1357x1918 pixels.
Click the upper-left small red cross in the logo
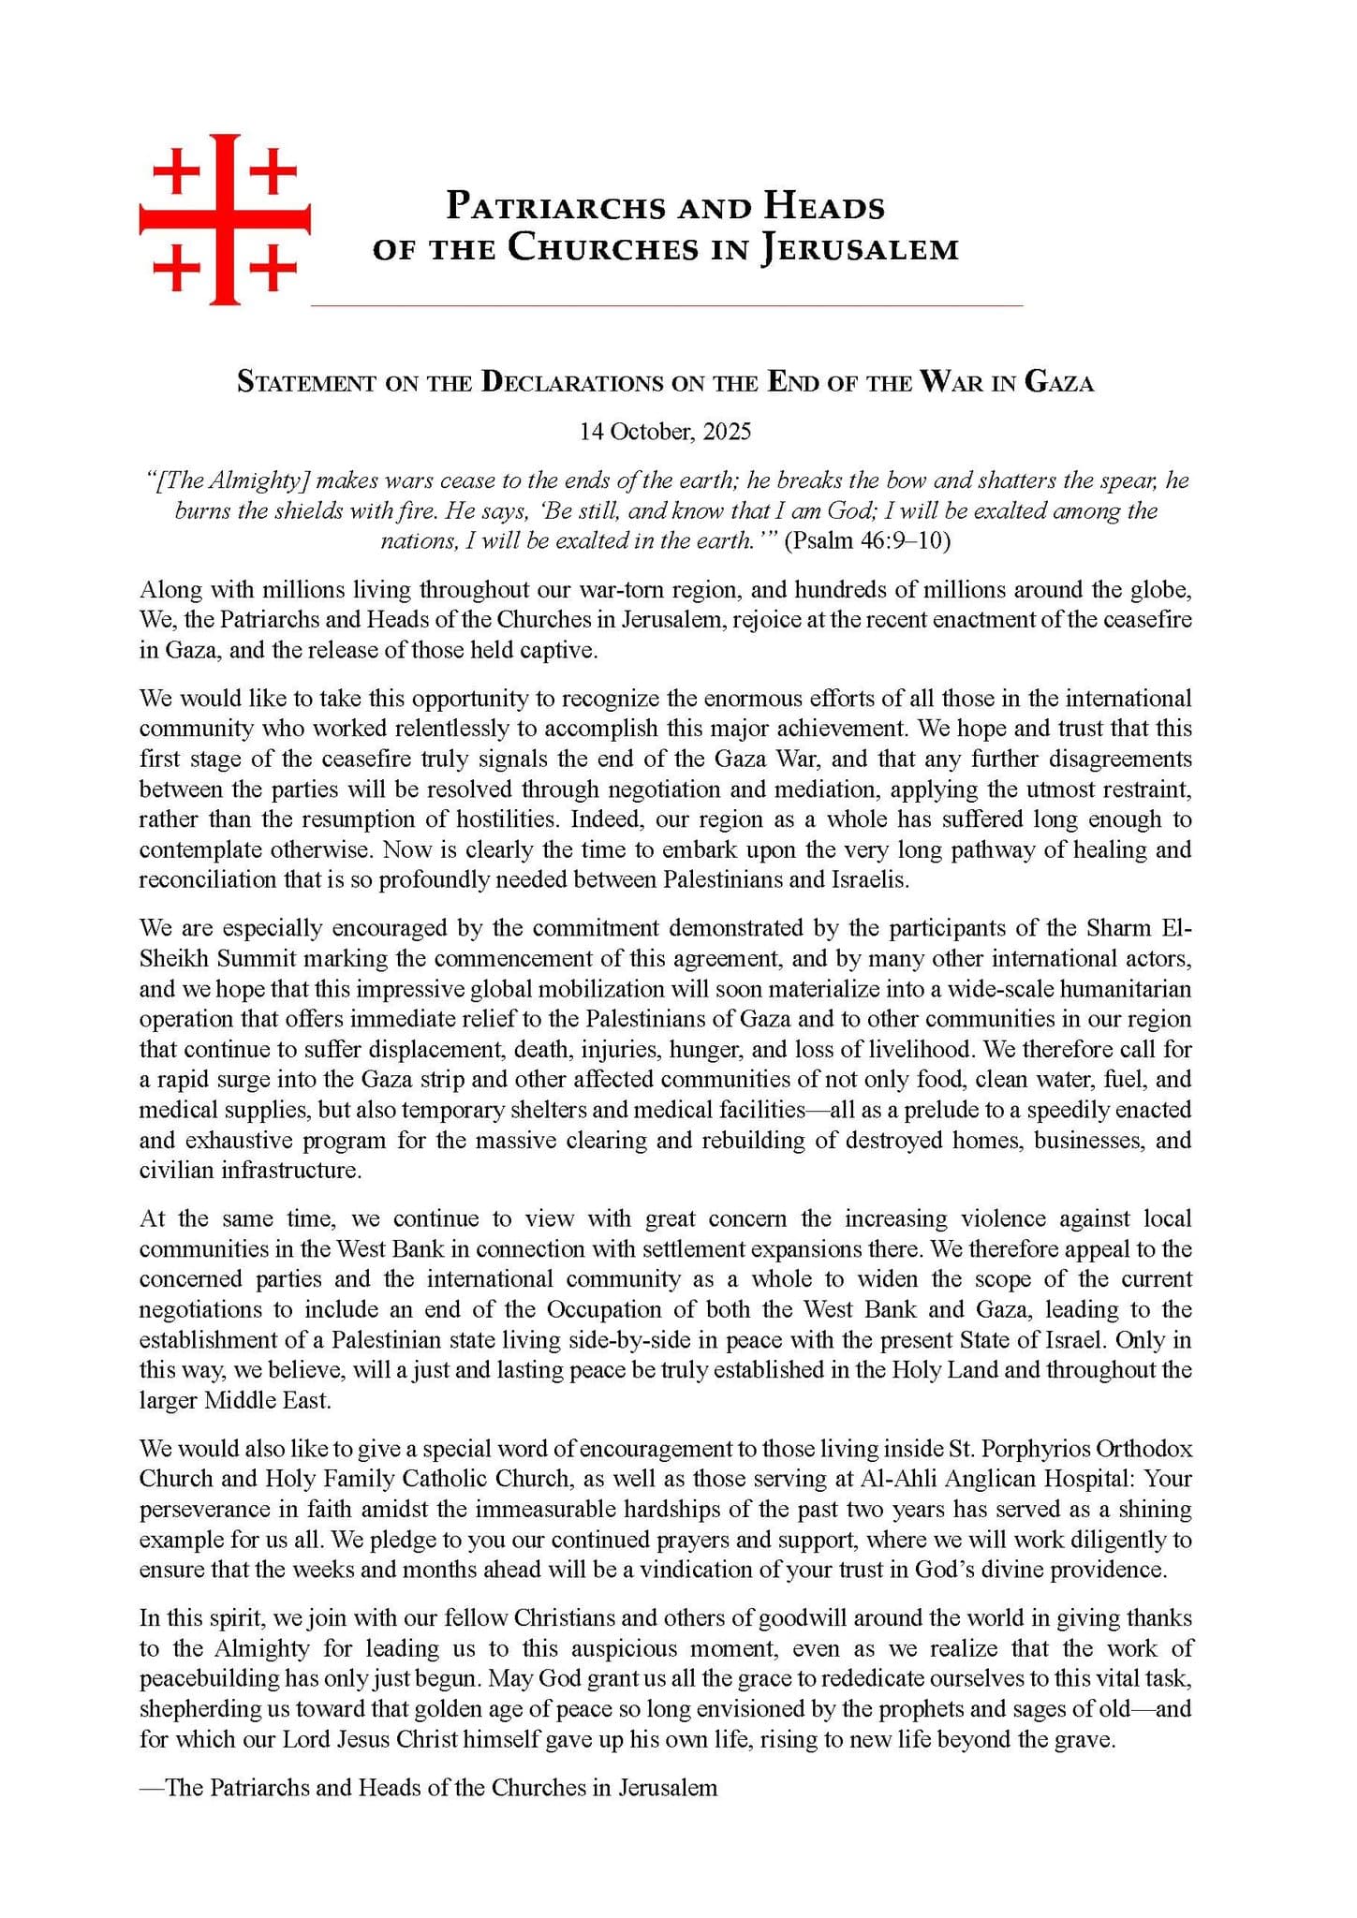(x=175, y=174)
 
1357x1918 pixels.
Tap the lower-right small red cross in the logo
(x=273, y=270)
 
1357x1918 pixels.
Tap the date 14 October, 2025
(x=665, y=432)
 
